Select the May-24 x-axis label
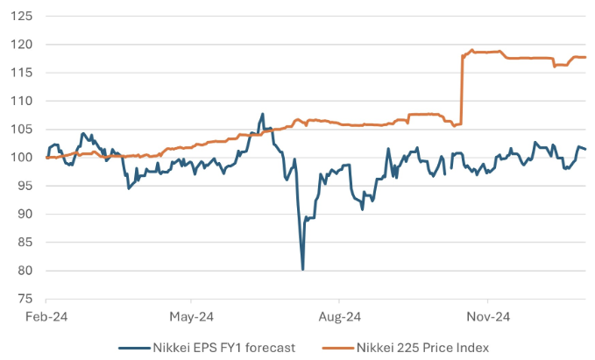(x=192, y=314)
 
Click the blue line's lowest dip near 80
(x=302, y=269)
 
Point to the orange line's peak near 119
(x=472, y=50)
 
